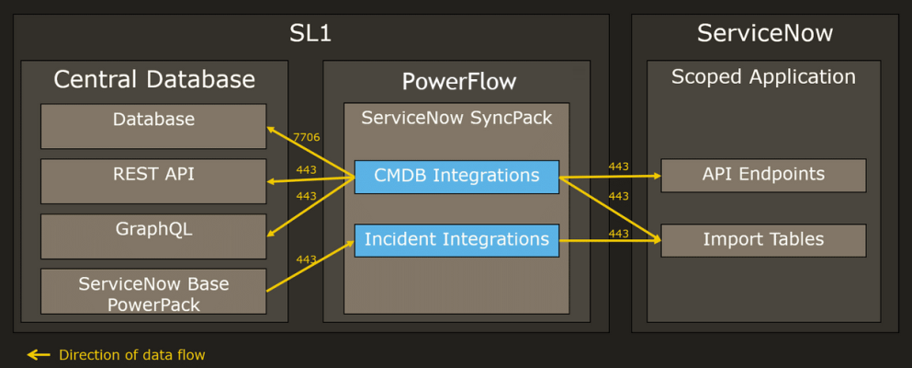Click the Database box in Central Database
coord(153,126)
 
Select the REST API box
coord(153,180)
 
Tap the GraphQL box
coord(153,236)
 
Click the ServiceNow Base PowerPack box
coord(153,292)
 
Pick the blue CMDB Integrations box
coord(456,176)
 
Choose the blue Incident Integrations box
coord(456,240)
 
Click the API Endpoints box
coord(763,175)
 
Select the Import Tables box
coord(763,240)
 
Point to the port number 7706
coord(307,137)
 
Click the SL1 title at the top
coord(310,34)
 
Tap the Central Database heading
coord(154,79)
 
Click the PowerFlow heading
coord(459,82)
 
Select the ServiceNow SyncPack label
coord(456,118)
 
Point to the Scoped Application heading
coord(763,77)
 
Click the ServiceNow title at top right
coord(765,33)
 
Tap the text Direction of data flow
coord(131,355)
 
